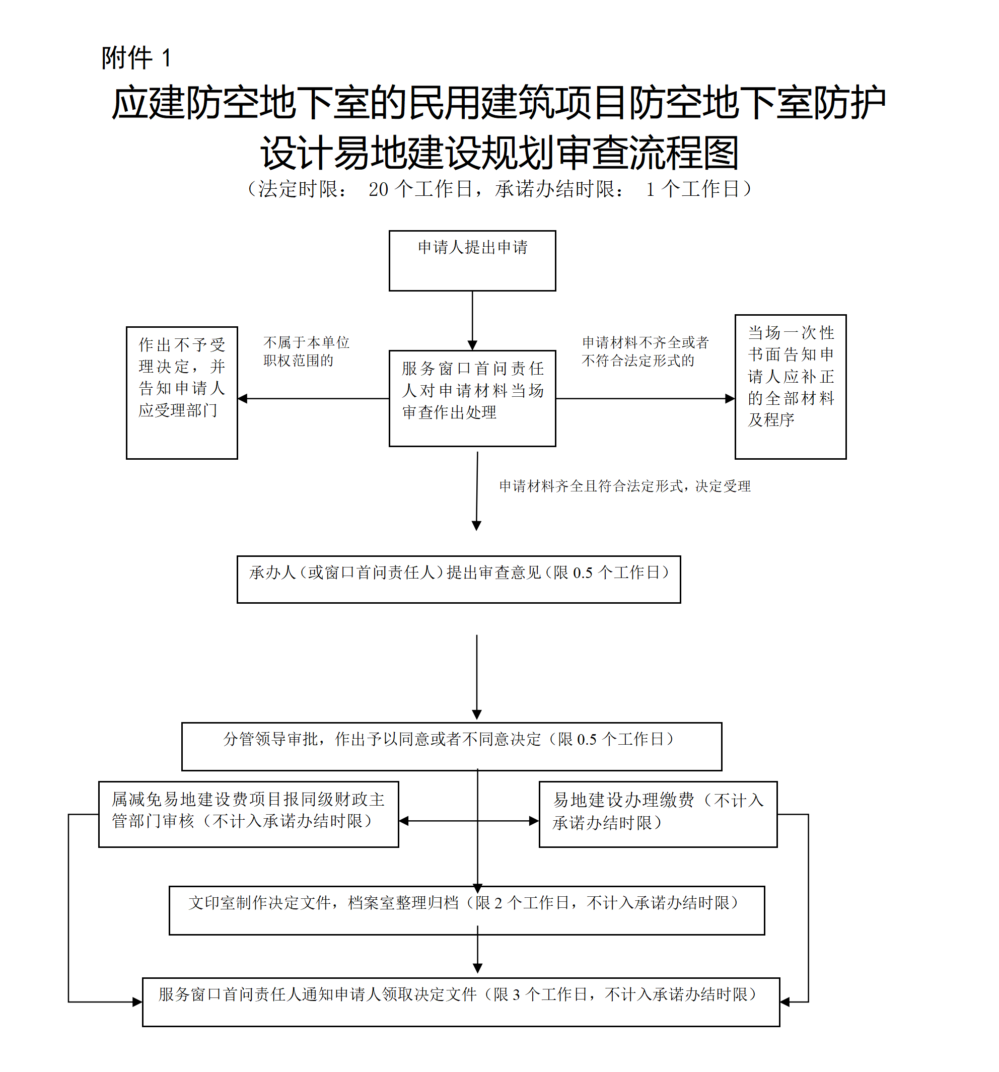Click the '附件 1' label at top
(136, 58)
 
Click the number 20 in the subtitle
(378, 189)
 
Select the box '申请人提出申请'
(472, 260)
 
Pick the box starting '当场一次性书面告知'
(790, 386)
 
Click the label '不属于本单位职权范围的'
(306, 351)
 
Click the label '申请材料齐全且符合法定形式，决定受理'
(624, 486)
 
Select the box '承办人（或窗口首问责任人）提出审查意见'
(458, 579)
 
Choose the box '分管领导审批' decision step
(451, 746)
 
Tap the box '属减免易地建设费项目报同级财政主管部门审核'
(248, 814)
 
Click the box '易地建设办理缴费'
(658, 814)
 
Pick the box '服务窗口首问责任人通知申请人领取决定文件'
(460, 1002)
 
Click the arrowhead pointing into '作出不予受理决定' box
(243, 398)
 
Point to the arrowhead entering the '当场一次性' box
(730, 398)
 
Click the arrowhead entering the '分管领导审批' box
(476, 714)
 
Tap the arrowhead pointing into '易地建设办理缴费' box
(533, 821)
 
